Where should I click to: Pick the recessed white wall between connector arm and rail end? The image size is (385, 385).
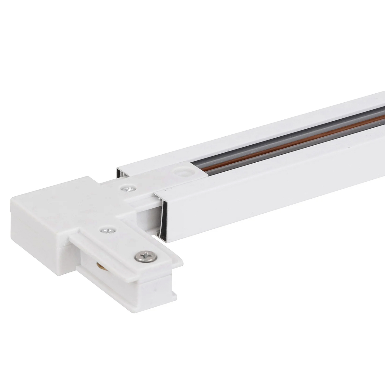[146, 218]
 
